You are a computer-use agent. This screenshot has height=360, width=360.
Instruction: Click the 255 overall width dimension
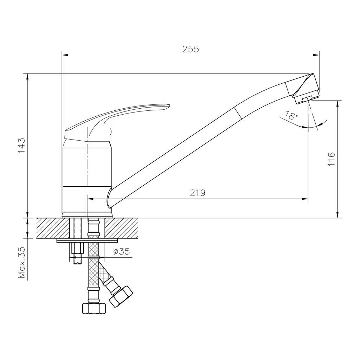click(x=191, y=49)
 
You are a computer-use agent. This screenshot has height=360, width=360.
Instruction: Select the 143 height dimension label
click(x=21, y=146)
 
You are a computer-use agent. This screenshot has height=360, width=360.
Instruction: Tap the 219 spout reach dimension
click(x=198, y=193)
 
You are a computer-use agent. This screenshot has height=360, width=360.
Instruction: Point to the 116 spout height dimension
click(x=331, y=159)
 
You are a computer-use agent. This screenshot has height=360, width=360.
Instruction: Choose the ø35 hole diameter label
click(x=122, y=252)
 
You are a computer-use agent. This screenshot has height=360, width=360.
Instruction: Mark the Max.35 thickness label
click(x=22, y=262)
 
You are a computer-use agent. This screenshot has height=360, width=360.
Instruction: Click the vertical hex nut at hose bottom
click(x=94, y=308)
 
